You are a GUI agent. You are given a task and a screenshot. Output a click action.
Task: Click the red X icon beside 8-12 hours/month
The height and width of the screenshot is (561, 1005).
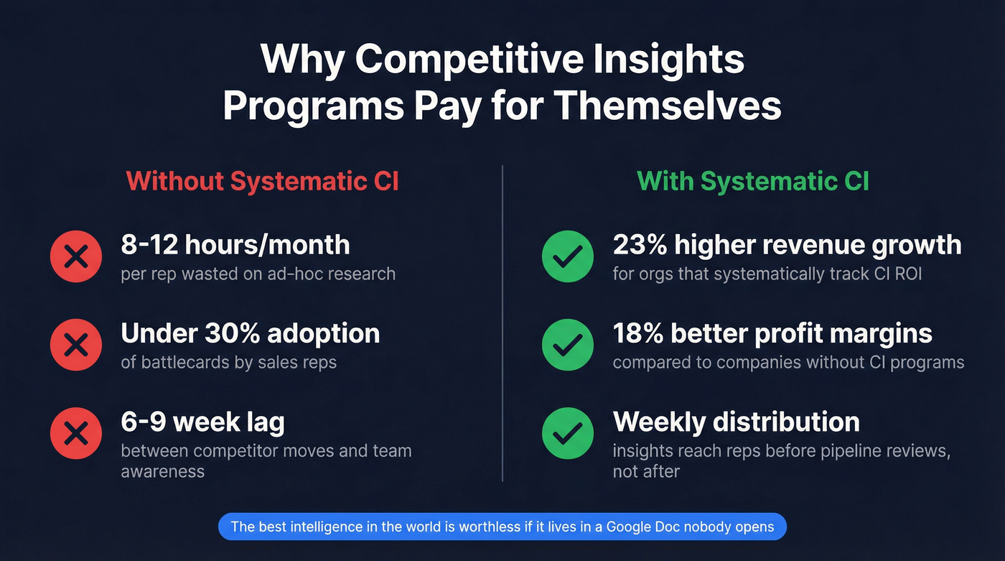click(76, 256)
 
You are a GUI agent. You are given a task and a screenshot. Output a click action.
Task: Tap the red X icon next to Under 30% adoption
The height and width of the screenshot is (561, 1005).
click(76, 345)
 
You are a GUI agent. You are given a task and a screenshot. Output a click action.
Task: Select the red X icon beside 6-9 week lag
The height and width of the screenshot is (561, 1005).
click(76, 433)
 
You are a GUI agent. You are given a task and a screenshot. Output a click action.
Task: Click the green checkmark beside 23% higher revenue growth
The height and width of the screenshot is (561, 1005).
click(567, 256)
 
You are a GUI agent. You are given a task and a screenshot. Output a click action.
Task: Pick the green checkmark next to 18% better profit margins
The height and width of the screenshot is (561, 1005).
click(567, 345)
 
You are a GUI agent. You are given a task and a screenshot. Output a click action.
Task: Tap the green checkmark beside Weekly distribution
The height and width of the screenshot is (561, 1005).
click(567, 433)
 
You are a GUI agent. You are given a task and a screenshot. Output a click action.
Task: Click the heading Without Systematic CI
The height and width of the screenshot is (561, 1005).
click(262, 181)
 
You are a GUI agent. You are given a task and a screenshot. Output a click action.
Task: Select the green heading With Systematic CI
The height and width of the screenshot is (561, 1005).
click(753, 181)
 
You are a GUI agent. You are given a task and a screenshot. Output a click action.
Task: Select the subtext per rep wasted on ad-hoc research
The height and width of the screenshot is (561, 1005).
click(258, 274)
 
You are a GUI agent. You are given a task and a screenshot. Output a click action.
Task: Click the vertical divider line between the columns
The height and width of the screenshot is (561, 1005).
click(502, 323)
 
